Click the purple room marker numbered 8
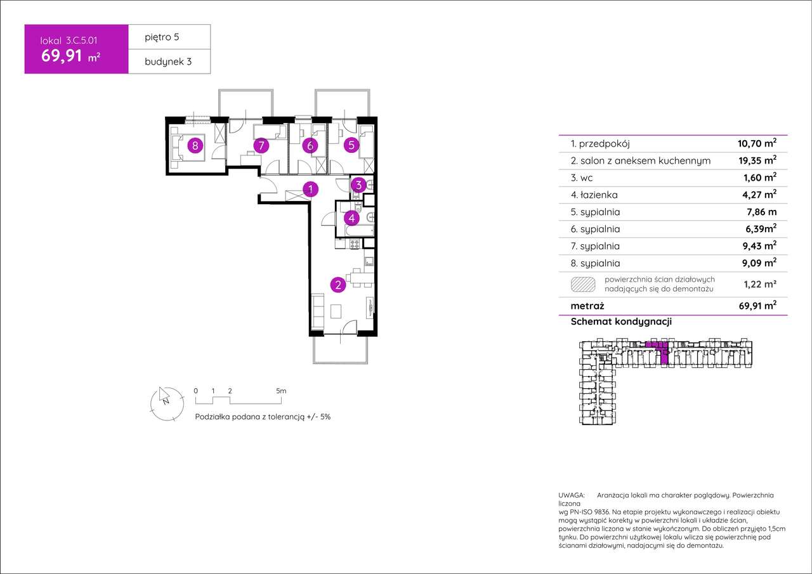point(195,146)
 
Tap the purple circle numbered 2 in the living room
point(338,285)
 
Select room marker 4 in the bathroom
point(351,218)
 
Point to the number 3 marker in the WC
point(358,185)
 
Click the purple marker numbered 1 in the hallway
point(310,189)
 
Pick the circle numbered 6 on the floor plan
point(310,146)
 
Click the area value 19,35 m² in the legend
point(757,160)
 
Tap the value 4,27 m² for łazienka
point(759,195)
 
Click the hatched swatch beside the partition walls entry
point(583,285)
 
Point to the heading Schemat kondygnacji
point(621,322)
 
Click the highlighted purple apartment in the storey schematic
point(660,350)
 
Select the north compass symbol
point(167,403)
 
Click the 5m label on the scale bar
point(281,391)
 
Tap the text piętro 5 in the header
point(162,37)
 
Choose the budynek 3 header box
point(169,62)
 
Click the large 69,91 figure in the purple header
point(62,56)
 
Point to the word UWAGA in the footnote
point(572,495)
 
